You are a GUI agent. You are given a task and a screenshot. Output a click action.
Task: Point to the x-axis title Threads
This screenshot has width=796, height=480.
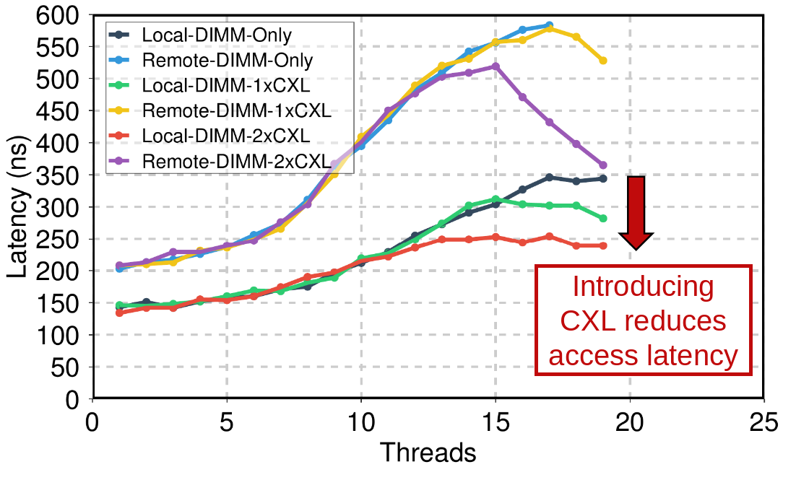tap(428, 453)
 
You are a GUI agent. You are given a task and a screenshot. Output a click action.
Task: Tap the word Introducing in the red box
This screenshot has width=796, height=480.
tap(643, 287)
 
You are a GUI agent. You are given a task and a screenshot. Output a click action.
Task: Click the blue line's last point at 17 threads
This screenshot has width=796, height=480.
tap(549, 25)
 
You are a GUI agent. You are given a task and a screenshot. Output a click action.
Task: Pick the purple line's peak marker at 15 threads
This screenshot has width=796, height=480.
tap(496, 66)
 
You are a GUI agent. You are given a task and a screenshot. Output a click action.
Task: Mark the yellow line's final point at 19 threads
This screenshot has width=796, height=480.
tap(602, 61)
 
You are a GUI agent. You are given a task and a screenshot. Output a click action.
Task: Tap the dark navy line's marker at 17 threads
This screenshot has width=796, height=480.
tap(549, 177)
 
